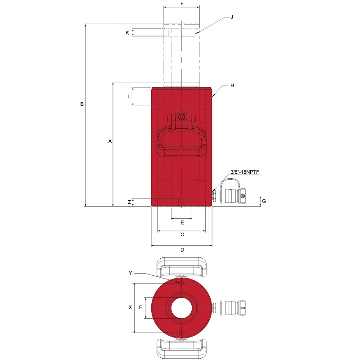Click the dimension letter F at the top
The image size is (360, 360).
pos(182,4)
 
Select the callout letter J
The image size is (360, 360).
pos(232,17)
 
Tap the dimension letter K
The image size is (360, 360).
pos(127,33)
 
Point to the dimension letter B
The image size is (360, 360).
pos(82,104)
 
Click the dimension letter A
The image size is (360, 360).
pos(110,141)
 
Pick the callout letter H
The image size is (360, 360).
pos(232,85)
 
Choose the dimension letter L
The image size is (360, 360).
pos(130,97)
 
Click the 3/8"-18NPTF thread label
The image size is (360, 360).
pos(245,172)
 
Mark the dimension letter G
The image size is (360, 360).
pos(264,201)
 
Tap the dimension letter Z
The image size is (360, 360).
pos(130,202)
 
